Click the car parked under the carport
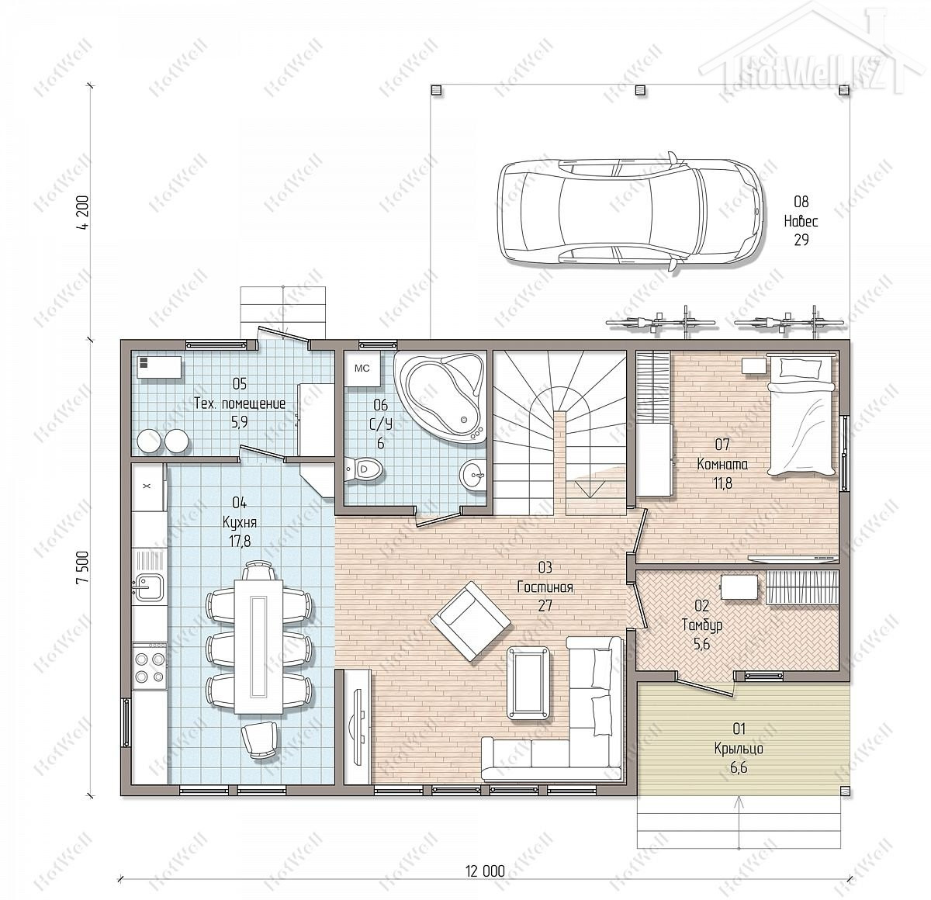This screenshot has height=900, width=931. click(x=630, y=212)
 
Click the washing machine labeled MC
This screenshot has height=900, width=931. click(x=362, y=369)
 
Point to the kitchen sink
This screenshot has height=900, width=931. click(x=149, y=587)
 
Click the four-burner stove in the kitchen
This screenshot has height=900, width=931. click(x=150, y=667)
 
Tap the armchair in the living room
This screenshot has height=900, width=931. click(x=471, y=621)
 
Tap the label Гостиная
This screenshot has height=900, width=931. click(x=545, y=587)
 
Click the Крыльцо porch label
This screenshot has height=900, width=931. click(x=739, y=749)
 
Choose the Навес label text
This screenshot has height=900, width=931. click(x=801, y=221)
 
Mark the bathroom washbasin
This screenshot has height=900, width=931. click(x=472, y=475)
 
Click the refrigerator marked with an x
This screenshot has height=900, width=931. click(x=148, y=486)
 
